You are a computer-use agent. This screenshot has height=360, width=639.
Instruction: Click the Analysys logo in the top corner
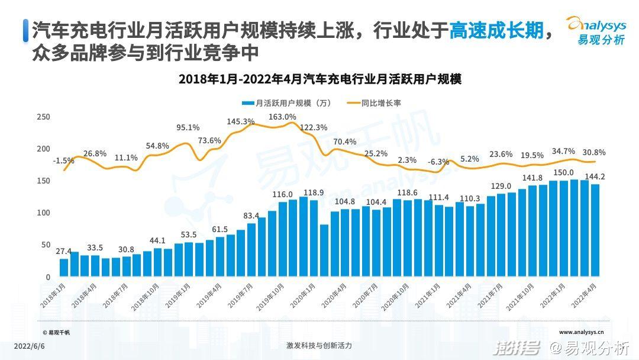(x=598, y=30)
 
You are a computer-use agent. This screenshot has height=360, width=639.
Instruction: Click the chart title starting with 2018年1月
(x=319, y=79)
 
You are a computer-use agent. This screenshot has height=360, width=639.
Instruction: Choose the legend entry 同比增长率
(x=381, y=103)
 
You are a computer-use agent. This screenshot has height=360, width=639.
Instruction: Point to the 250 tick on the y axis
(x=43, y=117)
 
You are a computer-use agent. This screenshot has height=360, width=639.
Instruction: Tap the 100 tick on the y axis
(x=43, y=213)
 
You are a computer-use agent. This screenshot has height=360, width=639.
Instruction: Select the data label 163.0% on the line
(x=282, y=117)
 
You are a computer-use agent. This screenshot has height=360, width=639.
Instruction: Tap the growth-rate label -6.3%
(x=438, y=162)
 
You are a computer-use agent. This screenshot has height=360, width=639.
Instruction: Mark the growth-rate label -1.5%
(x=63, y=161)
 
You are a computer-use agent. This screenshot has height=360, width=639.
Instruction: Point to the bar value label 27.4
(x=63, y=252)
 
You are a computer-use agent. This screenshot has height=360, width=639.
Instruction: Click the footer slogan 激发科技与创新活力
(x=319, y=345)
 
